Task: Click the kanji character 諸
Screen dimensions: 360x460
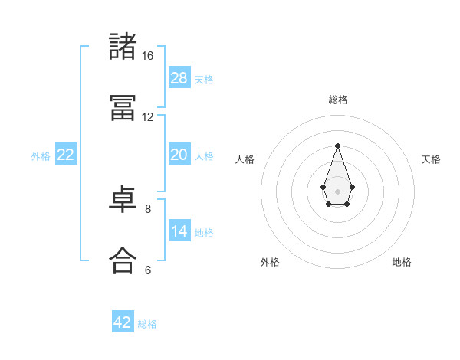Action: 123,47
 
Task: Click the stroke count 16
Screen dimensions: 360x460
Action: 148,56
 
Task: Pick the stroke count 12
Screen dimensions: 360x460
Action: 148,117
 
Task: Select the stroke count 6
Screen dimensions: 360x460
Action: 148,270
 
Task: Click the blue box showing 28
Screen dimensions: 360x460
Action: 179,77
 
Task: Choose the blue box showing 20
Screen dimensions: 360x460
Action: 179,155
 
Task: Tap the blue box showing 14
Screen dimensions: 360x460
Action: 179,231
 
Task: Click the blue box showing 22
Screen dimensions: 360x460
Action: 66,155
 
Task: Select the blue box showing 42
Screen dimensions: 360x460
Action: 123,322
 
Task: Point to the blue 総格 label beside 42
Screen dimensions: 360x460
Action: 147,324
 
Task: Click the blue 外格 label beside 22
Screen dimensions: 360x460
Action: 41,156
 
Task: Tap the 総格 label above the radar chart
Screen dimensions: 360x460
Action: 337,100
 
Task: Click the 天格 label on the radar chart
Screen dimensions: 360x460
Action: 431,159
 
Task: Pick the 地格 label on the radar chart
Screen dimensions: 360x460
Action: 402,262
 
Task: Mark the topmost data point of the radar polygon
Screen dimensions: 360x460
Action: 337,146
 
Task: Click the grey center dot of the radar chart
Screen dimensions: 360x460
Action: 337,190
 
